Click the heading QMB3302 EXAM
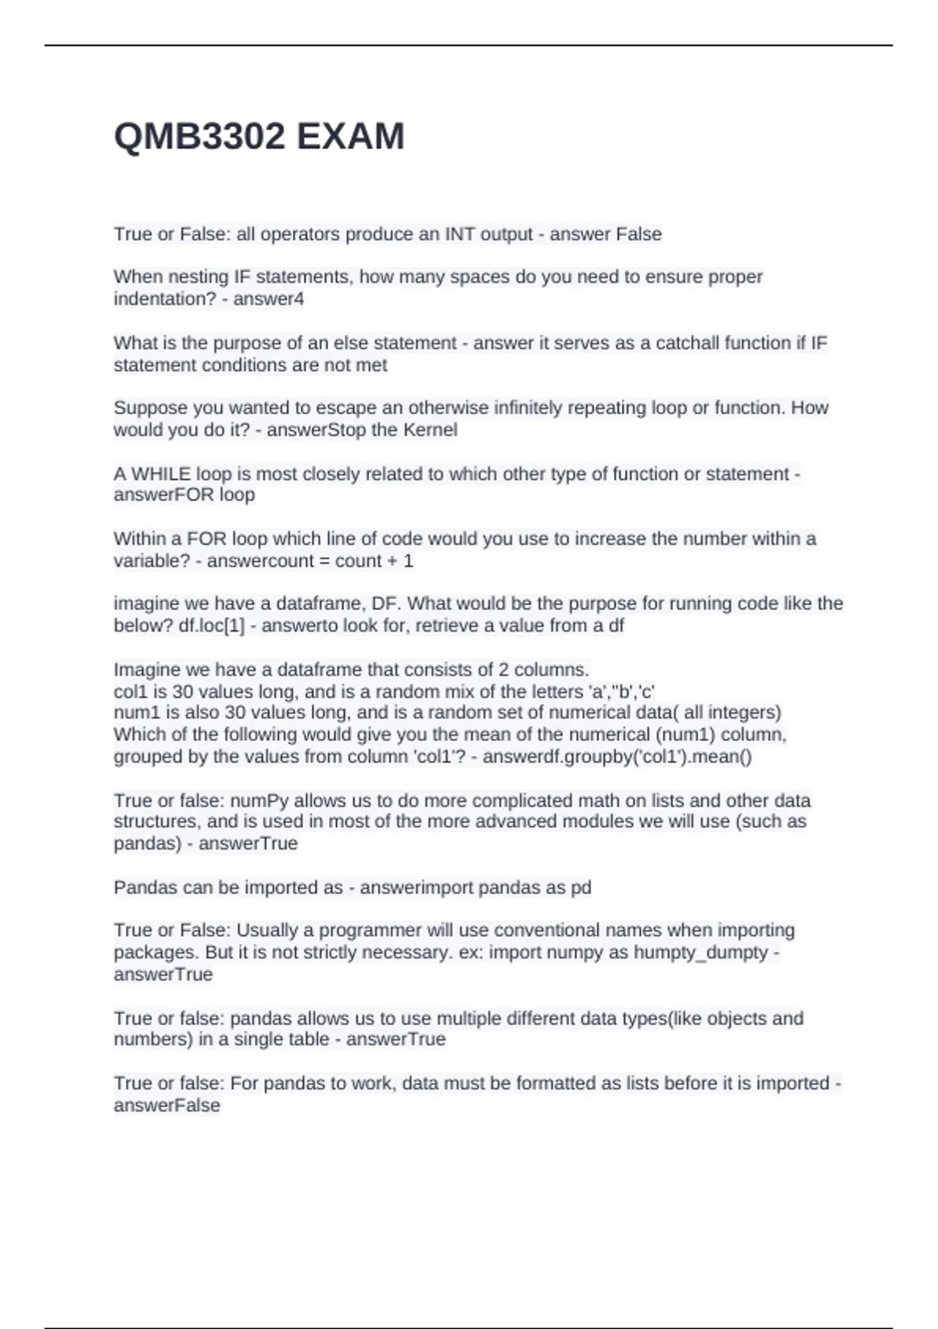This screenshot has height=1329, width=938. tap(259, 137)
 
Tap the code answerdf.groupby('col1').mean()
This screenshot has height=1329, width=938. tap(618, 756)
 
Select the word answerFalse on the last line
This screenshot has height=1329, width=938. tap(166, 1105)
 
